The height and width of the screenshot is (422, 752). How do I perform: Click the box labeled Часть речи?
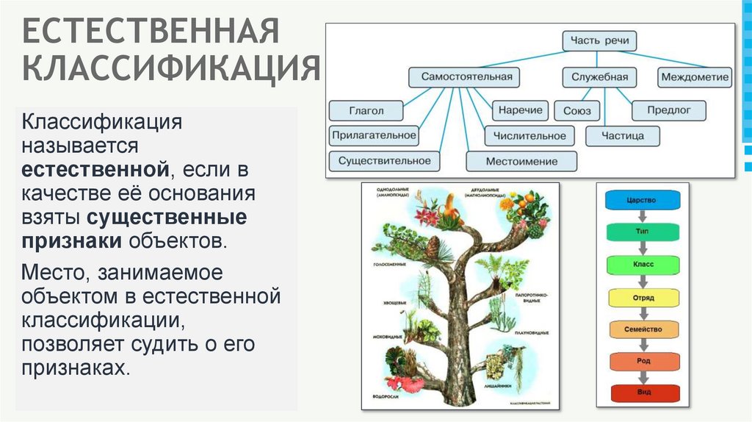tap(599, 40)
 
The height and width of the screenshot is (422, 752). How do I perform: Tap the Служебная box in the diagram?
tap(599, 76)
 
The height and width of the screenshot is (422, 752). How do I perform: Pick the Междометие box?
tap(695, 76)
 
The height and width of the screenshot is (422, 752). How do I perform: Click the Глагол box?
tap(366, 111)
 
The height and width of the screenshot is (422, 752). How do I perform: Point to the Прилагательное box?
tap(374, 135)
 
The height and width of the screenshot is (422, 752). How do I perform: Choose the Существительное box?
tap(384, 160)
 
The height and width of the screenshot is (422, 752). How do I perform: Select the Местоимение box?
tap(521, 161)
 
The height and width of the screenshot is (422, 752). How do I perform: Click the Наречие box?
tap(521, 111)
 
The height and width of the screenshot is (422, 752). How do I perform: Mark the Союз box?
tap(576, 111)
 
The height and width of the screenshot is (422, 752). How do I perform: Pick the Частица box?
tap(623, 136)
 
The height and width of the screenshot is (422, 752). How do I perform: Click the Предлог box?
tap(669, 111)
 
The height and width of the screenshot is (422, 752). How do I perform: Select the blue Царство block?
tap(643, 200)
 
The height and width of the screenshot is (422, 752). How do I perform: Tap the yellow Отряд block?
tap(643, 298)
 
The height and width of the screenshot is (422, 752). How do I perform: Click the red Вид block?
tap(643, 393)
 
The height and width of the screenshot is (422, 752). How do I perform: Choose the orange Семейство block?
tap(643, 329)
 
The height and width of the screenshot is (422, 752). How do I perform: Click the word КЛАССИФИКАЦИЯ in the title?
tap(171, 69)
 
